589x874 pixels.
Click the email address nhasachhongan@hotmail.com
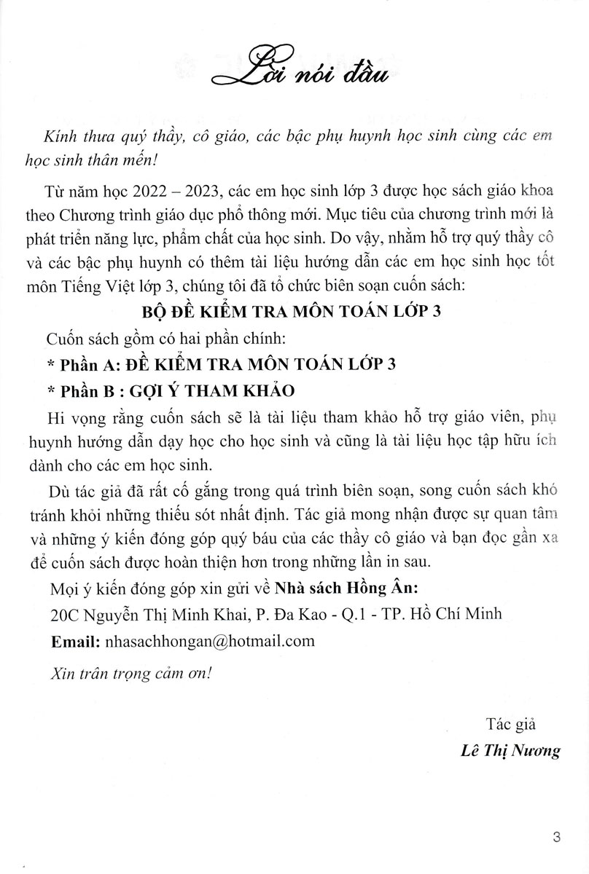(211, 641)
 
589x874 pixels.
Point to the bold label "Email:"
(75, 641)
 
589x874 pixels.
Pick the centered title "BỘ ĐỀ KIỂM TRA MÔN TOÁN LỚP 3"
(294, 311)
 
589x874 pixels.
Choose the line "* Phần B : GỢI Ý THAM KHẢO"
(169, 390)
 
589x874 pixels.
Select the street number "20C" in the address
(65, 615)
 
